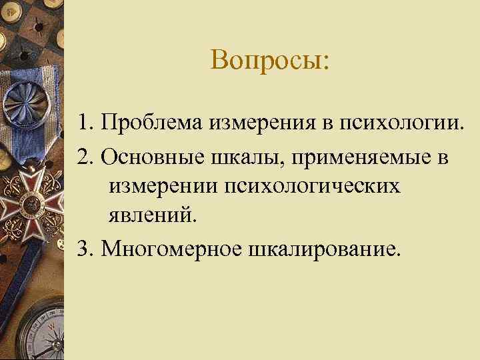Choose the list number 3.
coord(102,248)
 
